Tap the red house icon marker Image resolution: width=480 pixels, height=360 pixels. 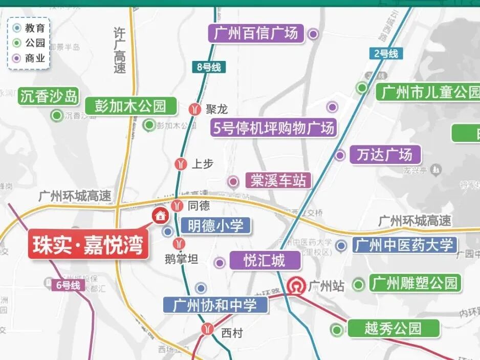tap(160, 215)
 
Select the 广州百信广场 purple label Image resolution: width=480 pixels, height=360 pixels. tap(256, 34)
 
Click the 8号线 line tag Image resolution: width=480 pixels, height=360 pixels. tap(209, 67)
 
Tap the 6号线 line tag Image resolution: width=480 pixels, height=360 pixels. tap(69, 285)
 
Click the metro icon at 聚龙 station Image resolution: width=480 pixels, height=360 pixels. tap(194, 109)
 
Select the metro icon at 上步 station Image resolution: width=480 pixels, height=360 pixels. tap(180, 164)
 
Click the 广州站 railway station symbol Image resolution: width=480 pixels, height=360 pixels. tap(296, 286)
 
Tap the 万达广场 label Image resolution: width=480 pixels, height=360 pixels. tap(384, 155)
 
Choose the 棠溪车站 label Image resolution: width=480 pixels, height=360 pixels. tap(278, 180)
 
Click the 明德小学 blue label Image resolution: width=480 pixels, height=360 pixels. tap(215, 226)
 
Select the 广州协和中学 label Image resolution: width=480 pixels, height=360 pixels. tap(215, 306)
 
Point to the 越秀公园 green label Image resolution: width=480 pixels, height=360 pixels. tap(393, 328)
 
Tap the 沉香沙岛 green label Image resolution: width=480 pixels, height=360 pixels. tap(49, 96)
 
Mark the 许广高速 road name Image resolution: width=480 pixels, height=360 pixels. tap(119, 51)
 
